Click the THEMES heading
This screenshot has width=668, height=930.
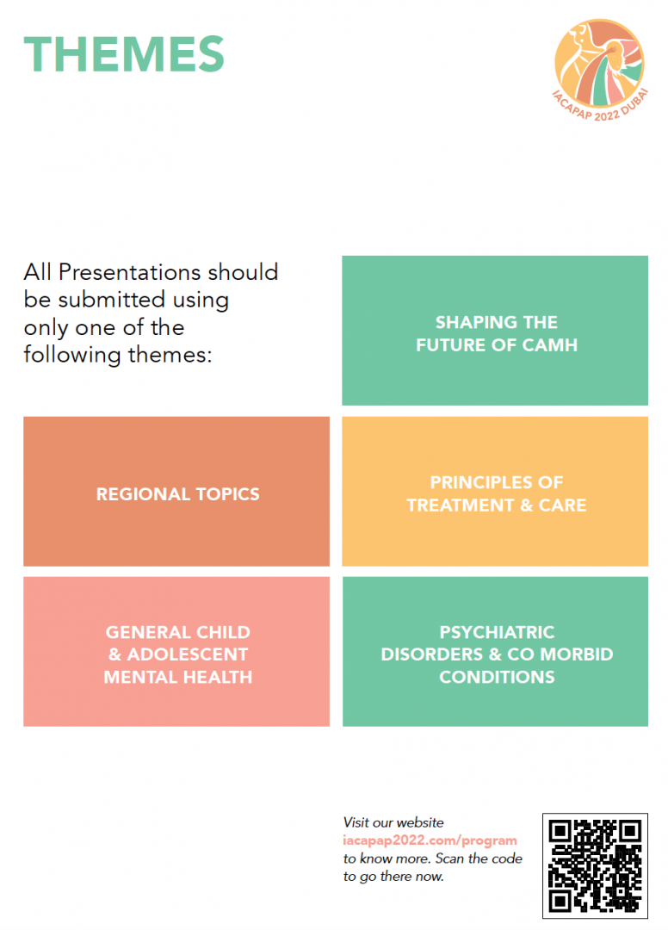tap(124, 54)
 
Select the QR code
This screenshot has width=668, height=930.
tap(595, 866)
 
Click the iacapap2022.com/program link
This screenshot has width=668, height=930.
tap(430, 840)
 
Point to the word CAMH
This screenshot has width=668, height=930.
tap(550, 345)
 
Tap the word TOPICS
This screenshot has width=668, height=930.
tap(227, 494)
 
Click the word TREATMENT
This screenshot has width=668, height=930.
tap(461, 505)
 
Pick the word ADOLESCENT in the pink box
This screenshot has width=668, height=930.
tap(188, 654)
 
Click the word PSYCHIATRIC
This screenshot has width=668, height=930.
tap(497, 632)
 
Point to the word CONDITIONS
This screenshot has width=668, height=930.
tap(497, 678)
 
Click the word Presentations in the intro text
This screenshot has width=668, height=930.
tap(130, 272)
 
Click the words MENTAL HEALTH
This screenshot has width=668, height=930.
tap(178, 678)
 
